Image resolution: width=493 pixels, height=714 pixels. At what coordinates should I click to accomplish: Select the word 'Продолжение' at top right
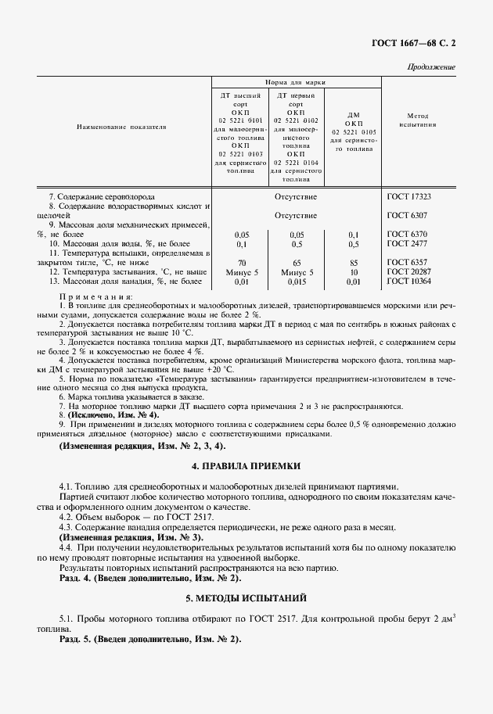click(x=432, y=67)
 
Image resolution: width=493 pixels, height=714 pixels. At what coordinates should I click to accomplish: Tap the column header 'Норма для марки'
click(x=295, y=81)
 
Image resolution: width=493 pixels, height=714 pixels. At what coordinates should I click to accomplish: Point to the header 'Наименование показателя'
click(x=121, y=125)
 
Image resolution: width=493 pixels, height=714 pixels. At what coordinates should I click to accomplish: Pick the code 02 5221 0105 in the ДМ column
click(x=354, y=132)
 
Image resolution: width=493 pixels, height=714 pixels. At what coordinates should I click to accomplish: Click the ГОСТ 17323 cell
click(x=409, y=197)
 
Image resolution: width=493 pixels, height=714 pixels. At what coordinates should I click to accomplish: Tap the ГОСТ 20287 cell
click(x=409, y=271)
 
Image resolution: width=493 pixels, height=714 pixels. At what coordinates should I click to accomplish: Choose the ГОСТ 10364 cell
click(x=409, y=281)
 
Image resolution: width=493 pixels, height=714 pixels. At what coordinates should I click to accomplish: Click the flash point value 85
click(x=354, y=263)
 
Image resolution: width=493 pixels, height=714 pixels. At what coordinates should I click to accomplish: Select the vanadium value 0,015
click(x=297, y=281)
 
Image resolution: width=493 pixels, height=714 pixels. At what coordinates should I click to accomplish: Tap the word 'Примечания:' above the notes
click(x=95, y=298)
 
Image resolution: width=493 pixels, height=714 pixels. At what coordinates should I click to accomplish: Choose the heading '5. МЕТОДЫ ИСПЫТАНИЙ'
click(x=246, y=597)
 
